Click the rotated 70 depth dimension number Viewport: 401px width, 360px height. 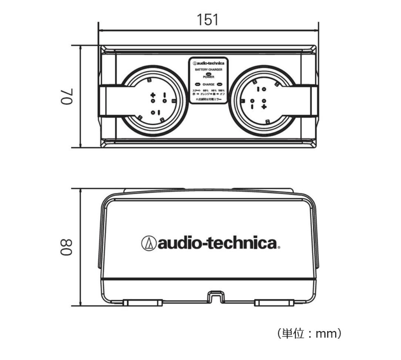point(70,97)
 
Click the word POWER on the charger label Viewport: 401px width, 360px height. point(209,77)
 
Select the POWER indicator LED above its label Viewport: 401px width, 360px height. point(209,74)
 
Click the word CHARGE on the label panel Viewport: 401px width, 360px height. point(209,84)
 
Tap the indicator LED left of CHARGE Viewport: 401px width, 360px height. point(198,84)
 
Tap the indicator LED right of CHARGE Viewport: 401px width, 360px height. point(219,84)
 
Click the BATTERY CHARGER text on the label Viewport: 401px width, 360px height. point(209,69)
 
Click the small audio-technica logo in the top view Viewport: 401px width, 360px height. point(209,63)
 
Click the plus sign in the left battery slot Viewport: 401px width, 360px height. point(153,95)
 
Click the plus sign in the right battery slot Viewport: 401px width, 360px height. point(264,107)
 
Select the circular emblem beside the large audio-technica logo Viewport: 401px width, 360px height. point(149,243)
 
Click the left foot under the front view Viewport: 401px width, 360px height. point(142,303)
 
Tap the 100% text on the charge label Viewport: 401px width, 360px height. point(221,91)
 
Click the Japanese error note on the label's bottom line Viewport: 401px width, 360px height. point(209,99)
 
